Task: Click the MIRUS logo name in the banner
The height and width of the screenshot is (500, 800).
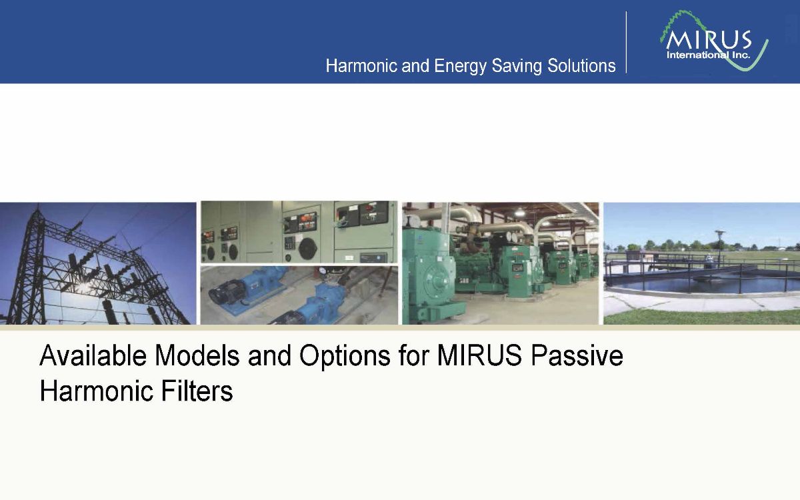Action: [x=709, y=41]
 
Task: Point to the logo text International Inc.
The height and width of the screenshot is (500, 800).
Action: [x=708, y=55]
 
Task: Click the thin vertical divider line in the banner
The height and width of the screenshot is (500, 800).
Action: [x=627, y=42]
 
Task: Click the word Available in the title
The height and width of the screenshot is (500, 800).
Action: [x=93, y=356]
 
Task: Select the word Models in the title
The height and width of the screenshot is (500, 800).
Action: [x=197, y=356]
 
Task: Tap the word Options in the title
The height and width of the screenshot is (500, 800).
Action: [x=345, y=358]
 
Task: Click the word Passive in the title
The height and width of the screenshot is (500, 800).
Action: [x=577, y=356]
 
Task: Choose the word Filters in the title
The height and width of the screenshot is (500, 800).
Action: [x=197, y=391]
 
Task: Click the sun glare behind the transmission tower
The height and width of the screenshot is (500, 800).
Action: [x=83, y=288]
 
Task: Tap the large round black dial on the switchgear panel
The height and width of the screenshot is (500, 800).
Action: [x=307, y=249]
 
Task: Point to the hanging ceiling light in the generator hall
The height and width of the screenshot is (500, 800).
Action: [x=519, y=211]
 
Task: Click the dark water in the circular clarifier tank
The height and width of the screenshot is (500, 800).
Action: [x=700, y=285]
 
